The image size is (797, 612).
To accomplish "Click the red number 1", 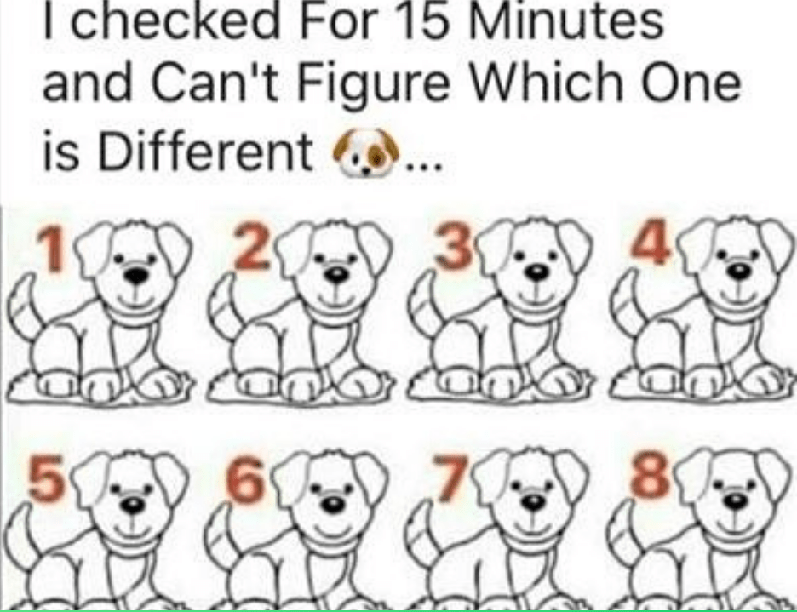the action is tap(51, 249).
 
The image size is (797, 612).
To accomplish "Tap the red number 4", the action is tap(653, 242).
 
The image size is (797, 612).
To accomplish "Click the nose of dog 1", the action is tap(136, 276).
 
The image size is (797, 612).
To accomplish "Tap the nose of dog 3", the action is tap(537, 272).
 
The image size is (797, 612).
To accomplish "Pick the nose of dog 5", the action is tap(133, 504).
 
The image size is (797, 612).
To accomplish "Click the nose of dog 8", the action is tap(735, 500).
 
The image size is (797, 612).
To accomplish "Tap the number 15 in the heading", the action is tap(416, 20).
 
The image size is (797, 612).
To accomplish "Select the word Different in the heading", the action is tap(204, 152).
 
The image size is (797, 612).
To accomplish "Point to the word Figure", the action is tap(373, 84).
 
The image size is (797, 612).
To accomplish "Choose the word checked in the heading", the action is tap(175, 20).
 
